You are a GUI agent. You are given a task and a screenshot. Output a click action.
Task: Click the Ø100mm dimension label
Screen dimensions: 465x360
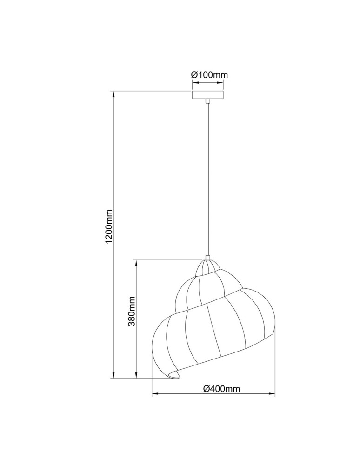[209, 74]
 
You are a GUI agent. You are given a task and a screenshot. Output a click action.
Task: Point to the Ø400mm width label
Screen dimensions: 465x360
[221, 389]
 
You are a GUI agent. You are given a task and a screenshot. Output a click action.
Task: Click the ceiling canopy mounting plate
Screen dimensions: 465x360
[208, 94]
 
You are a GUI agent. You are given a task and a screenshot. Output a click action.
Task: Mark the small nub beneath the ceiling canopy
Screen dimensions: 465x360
[208, 101]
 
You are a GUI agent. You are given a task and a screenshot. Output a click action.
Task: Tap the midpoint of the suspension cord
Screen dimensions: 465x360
[208, 179]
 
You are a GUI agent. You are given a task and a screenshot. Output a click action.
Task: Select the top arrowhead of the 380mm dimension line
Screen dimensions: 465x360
[137, 263]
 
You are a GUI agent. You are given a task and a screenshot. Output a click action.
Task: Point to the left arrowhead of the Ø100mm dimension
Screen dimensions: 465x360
[195, 83]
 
